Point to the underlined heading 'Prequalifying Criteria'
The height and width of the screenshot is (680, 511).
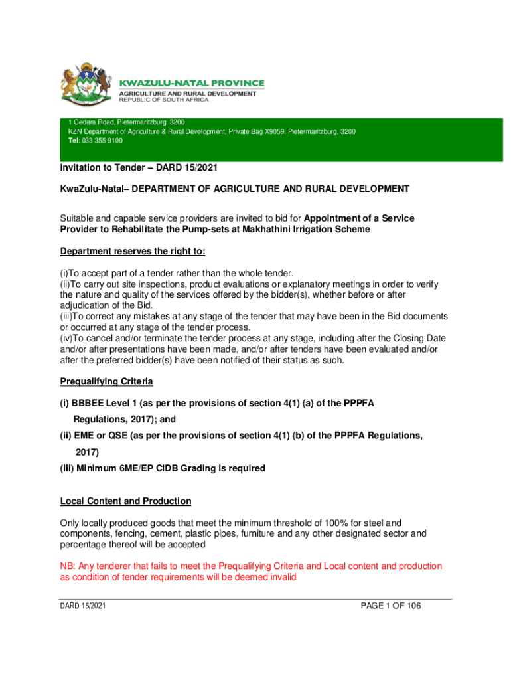(x=107, y=381)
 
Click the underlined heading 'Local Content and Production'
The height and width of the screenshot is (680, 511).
(x=125, y=501)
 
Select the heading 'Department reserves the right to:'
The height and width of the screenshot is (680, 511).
(x=133, y=252)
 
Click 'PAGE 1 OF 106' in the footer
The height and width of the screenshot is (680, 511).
(x=390, y=606)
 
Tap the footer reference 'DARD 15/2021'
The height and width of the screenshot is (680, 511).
(x=82, y=606)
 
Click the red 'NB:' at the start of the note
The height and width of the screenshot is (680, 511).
(x=68, y=566)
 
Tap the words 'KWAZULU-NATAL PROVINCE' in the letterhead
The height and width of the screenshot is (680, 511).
(x=191, y=83)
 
